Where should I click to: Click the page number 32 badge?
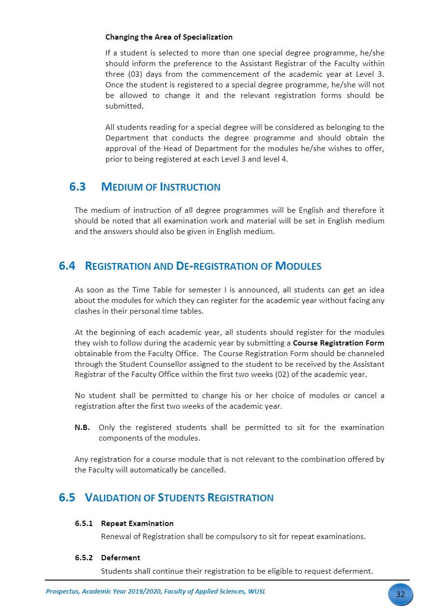coord(400,594)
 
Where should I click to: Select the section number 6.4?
coord(67,266)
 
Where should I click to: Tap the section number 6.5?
coord(67,498)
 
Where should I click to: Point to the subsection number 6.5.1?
coord(83,524)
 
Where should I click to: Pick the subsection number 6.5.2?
coord(83,558)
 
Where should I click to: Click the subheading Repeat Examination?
coord(137,524)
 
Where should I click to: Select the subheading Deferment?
coord(120,558)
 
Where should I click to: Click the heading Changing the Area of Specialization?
coord(168,37)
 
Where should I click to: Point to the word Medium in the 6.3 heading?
coord(122,187)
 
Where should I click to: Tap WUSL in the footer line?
coord(256,592)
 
